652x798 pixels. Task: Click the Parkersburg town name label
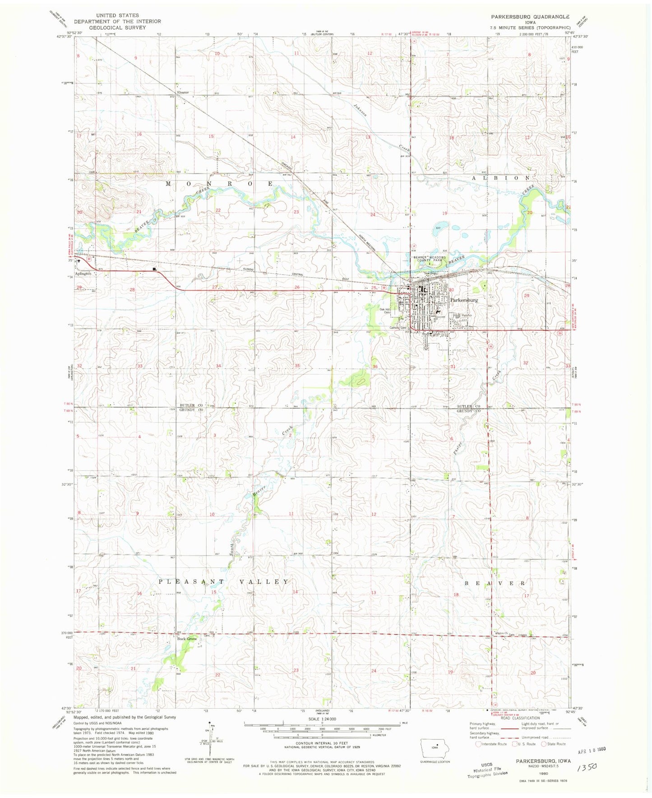464,300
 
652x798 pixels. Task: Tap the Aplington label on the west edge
83,273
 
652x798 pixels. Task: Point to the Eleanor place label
183,92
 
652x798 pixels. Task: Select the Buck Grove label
187,639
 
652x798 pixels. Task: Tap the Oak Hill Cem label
385,311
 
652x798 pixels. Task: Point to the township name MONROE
219,184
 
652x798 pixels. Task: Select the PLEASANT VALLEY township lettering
223,582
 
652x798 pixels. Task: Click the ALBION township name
500,178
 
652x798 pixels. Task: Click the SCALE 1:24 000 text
322,719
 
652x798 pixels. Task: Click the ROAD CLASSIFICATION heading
517,718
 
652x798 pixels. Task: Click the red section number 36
375,366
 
